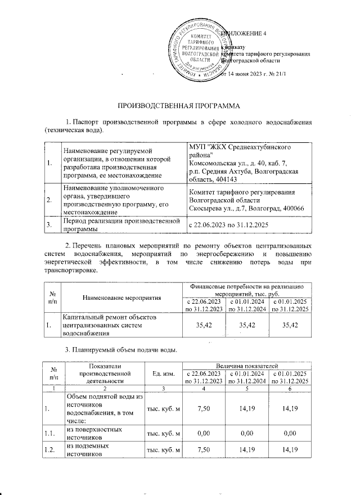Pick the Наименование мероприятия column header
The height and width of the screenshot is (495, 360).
(122, 297)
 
